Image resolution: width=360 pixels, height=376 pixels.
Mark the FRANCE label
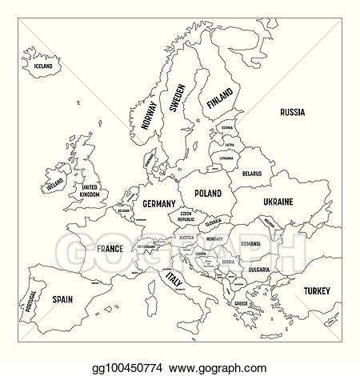click(109, 249)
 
